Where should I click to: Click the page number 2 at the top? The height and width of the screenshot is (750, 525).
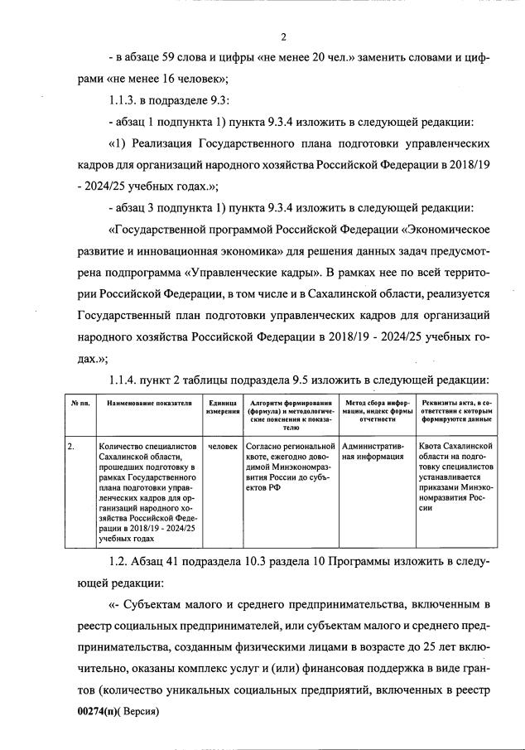click(x=283, y=36)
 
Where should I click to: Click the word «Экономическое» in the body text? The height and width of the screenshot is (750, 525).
click(x=431, y=230)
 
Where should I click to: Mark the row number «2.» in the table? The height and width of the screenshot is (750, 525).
click(x=73, y=446)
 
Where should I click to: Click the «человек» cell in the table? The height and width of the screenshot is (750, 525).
click(x=223, y=446)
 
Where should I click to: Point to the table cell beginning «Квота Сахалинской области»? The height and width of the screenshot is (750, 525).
click(x=455, y=477)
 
